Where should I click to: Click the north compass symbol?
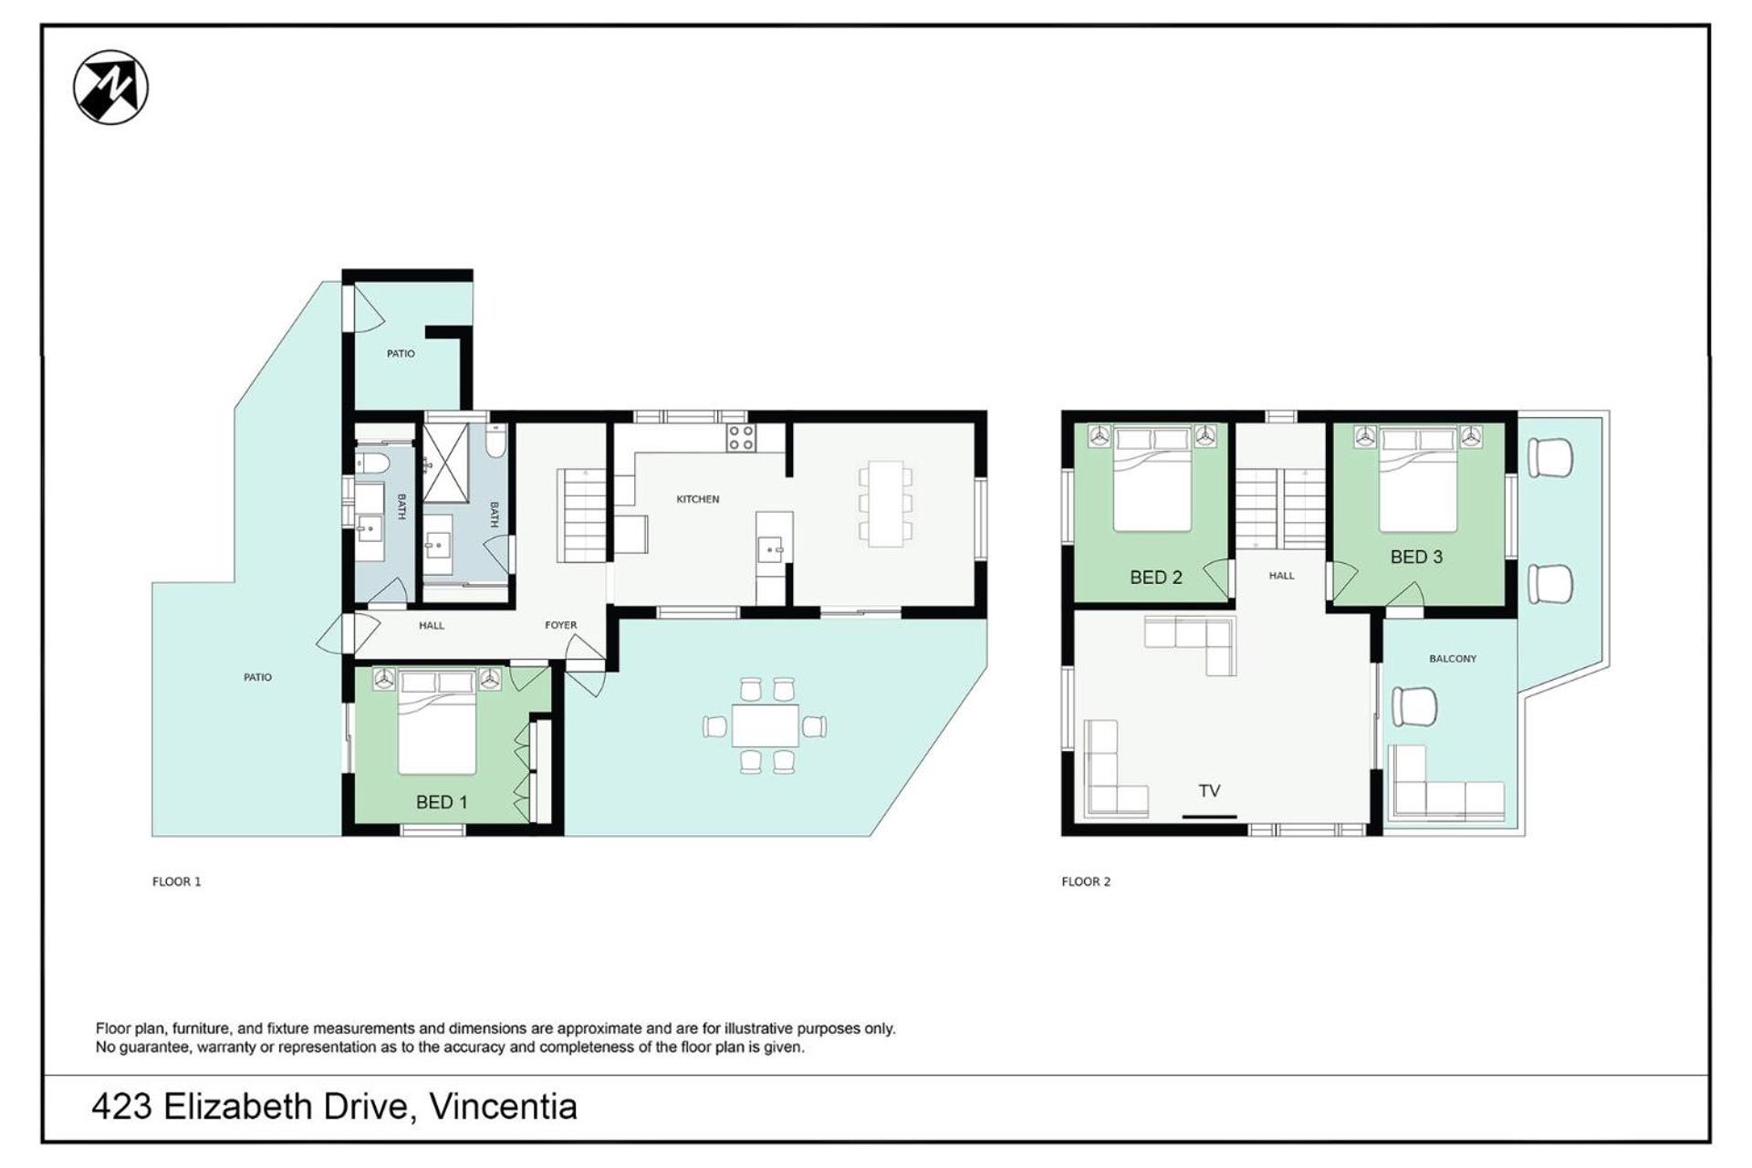pyautogui.click(x=110, y=88)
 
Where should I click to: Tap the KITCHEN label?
pyautogui.click(x=698, y=499)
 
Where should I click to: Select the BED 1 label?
pyautogui.click(x=442, y=802)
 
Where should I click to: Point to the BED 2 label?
pyautogui.click(x=1156, y=577)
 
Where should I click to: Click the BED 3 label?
pyautogui.click(x=1416, y=557)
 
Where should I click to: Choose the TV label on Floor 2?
pyautogui.click(x=1209, y=791)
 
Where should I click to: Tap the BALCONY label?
pyautogui.click(x=1453, y=659)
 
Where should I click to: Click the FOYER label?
pyautogui.click(x=561, y=625)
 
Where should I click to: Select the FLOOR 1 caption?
pyautogui.click(x=177, y=881)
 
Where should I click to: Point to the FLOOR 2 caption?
pyautogui.click(x=1086, y=881)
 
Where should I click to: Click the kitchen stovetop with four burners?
pyautogui.click(x=741, y=438)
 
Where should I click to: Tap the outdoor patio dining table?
pyautogui.click(x=765, y=726)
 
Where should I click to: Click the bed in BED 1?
pyautogui.click(x=437, y=721)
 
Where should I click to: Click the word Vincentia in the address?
pyautogui.click(x=504, y=1107)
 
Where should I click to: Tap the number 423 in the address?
pyautogui.click(x=122, y=1107)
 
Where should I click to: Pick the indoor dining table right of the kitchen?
pyautogui.click(x=885, y=504)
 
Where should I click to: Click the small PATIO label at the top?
pyautogui.click(x=401, y=354)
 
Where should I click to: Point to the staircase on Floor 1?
pyautogui.click(x=582, y=515)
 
